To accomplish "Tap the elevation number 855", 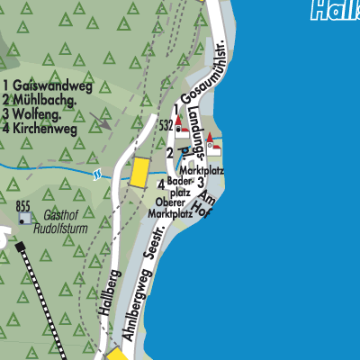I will click(23, 205).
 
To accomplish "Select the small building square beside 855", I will click(24, 218).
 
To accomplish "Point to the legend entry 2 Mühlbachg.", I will click(41, 100).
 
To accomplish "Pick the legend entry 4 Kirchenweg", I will click(40, 128).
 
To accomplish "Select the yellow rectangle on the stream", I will click(139, 172).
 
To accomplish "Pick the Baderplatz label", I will click(180, 186).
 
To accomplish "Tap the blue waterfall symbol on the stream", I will click(96, 174).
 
